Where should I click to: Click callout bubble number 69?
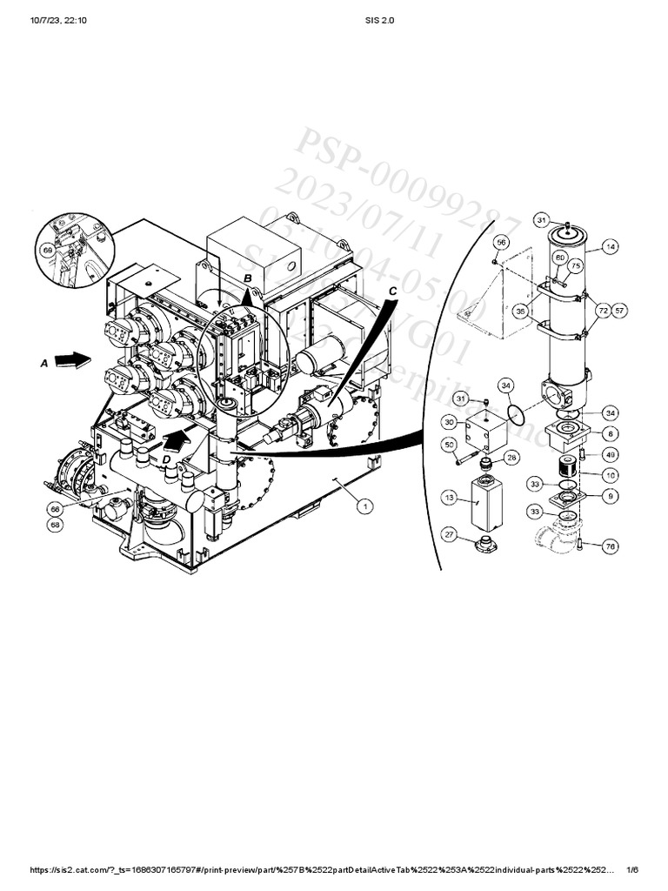48,250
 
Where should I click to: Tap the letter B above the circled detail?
248,278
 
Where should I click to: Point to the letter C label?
393,291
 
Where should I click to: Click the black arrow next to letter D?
177,440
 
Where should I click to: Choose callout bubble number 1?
366,506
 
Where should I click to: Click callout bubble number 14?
611,247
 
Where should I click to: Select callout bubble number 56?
501,241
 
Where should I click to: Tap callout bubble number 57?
619,310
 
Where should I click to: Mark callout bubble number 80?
561,258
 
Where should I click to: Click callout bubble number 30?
450,422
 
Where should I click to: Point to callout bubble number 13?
450,497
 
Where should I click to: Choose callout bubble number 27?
450,533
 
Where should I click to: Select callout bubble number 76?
610,546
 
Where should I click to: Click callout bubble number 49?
610,453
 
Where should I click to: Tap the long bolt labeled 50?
467,454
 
